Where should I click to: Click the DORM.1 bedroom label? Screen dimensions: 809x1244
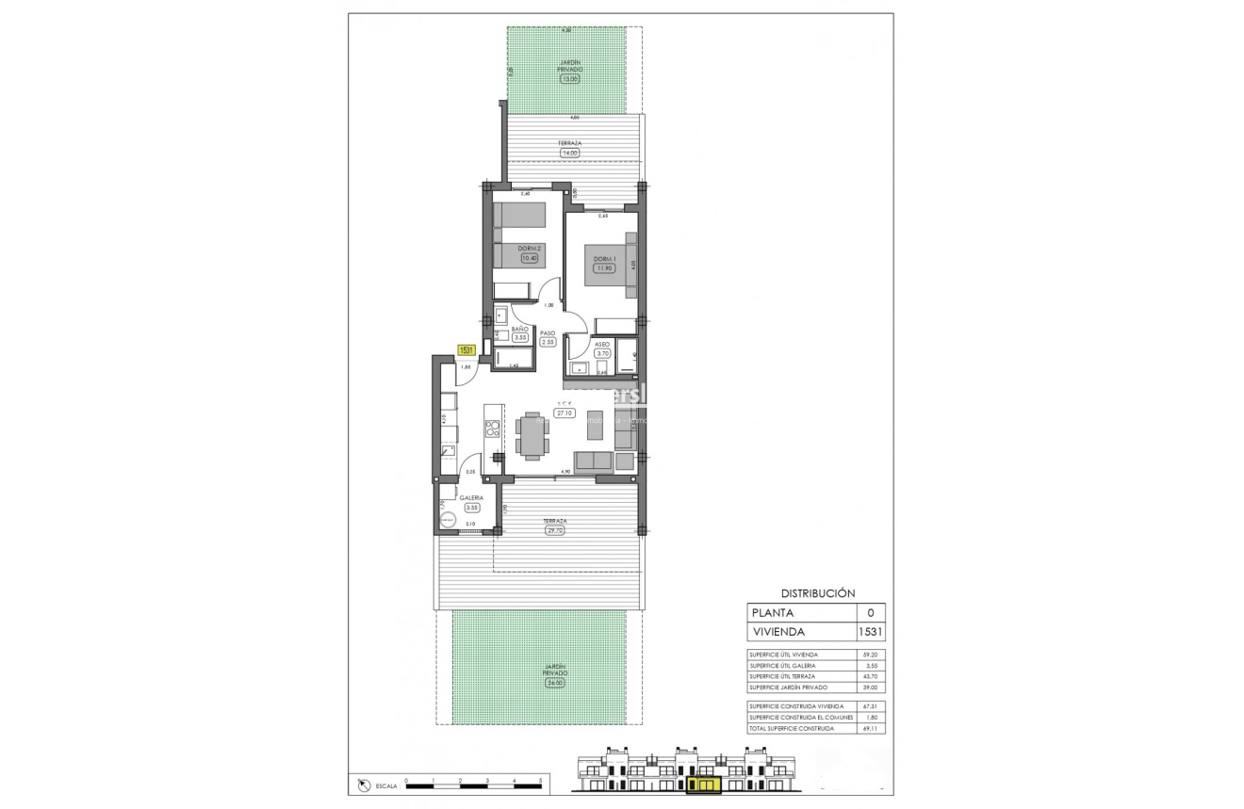click(603, 258)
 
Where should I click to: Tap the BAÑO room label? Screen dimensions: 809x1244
click(519, 329)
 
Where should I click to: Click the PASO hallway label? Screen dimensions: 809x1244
click(548, 332)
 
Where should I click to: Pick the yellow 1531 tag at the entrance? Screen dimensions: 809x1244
click(466, 350)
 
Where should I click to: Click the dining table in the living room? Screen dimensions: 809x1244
click(533, 435)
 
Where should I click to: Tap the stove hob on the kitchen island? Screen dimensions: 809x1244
click(491, 429)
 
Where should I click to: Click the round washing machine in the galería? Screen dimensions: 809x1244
click(447, 519)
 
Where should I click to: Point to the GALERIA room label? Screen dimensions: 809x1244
click(471, 497)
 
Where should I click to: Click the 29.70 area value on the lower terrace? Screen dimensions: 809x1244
click(554, 530)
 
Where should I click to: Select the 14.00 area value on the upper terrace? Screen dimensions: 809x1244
click(569, 153)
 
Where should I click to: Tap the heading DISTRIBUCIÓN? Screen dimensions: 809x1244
click(817, 593)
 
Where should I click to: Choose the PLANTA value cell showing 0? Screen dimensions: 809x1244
click(869, 612)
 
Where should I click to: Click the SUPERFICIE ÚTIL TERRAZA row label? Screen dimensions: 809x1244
click(782, 676)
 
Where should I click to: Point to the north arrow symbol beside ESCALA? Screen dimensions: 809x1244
click(364, 784)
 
